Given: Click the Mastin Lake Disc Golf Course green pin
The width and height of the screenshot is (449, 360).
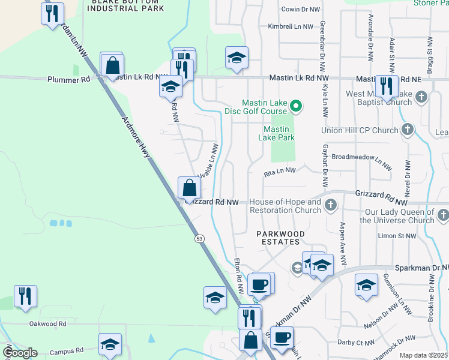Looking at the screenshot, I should click(295, 107).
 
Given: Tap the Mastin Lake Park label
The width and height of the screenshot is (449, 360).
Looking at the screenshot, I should click(276, 133).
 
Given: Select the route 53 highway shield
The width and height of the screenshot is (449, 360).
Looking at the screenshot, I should click(199, 239).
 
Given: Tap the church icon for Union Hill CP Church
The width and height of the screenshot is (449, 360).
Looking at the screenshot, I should click(408, 130).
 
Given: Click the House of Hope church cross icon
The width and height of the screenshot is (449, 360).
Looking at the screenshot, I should click(330, 206).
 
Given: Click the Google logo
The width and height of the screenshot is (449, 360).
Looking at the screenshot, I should click(19, 352).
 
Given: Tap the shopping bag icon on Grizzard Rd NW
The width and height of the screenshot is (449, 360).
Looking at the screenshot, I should click(189, 188).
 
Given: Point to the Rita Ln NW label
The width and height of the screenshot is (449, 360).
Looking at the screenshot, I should click(280, 171).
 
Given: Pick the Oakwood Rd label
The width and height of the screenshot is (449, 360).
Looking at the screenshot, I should click(47, 324).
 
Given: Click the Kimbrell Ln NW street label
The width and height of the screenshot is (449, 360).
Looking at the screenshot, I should click(291, 27).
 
